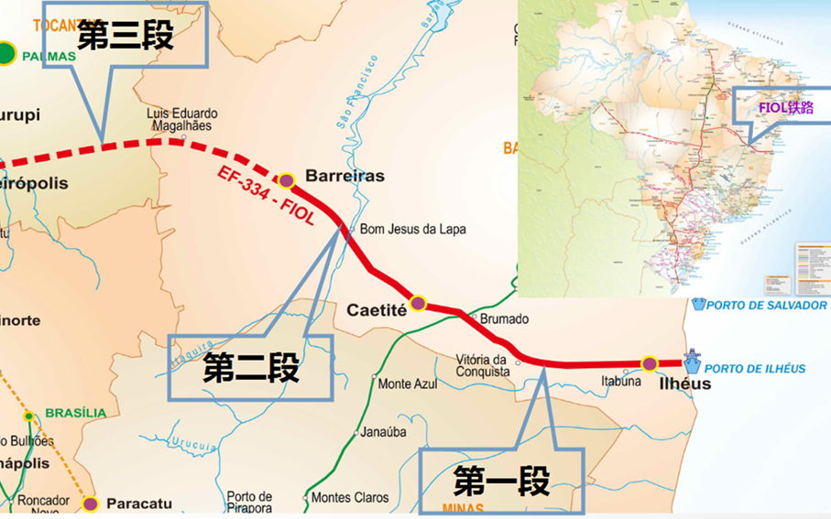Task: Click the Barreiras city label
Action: (x=344, y=176)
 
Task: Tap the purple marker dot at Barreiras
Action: (x=286, y=180)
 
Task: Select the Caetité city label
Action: (x=376, y=310)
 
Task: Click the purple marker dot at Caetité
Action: (x=418, y=303)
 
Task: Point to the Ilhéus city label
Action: (x=684, y=384)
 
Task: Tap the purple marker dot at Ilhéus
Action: (x=650, y=364)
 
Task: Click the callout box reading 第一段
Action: (x=501, y=481)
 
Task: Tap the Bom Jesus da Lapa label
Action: (x=412, y=229)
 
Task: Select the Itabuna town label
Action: (x=621, y=381)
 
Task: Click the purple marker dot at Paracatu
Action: (x=91, y=503)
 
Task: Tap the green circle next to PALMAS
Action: (x=7, y=54)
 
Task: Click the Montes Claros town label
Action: (x=350, y=498)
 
